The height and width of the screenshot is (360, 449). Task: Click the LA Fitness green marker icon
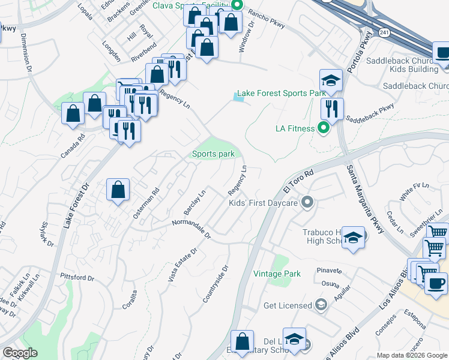pos(324,128)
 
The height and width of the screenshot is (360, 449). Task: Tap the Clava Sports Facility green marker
pos(237,5)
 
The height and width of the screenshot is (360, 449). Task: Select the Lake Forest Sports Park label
pos(282,93)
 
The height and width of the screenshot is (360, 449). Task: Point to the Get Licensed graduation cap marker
pos(321,305)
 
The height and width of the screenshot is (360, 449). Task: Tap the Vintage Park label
pos(276,274)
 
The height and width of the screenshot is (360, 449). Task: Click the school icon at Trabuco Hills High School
pos(354,238)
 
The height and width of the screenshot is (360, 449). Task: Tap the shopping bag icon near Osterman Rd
pos(118,190)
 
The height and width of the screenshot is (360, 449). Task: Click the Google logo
pos(20,352)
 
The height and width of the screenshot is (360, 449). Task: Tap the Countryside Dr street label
pos(216,284)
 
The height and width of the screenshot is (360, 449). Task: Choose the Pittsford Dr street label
pos(77,277)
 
